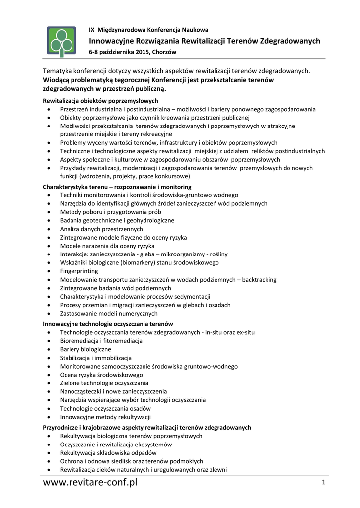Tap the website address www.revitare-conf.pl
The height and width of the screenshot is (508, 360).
90,482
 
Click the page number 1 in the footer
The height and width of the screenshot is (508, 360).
323,482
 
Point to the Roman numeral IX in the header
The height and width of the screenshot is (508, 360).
92,30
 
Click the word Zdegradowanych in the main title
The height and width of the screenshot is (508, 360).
290,41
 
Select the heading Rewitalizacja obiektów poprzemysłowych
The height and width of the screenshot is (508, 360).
93,101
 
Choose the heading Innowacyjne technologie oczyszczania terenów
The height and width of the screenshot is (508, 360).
108,324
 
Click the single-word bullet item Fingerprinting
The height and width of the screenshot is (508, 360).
79,271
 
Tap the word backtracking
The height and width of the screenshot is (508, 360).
259,280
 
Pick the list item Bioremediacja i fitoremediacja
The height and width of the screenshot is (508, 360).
101,341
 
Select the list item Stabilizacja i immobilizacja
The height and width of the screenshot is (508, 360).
95,358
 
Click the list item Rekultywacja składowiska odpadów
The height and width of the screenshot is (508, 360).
108,453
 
